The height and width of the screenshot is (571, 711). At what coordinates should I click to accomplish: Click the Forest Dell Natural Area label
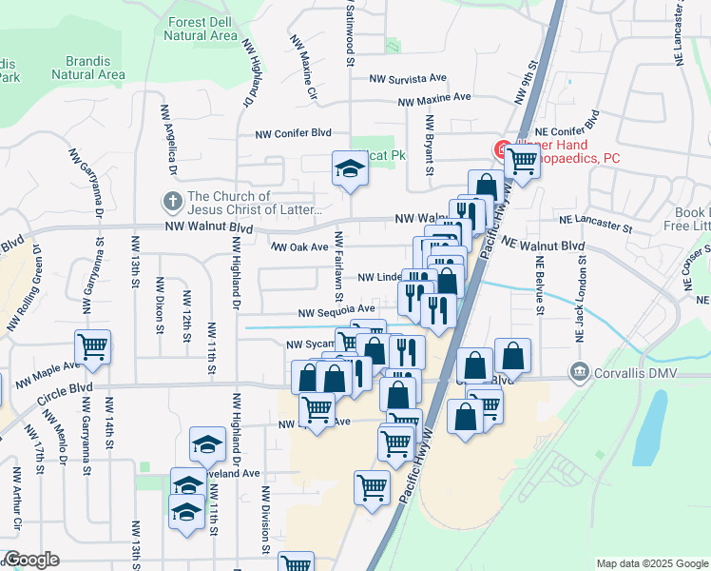(x=201, y=29)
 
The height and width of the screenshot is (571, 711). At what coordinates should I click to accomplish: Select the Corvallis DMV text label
(x=636, y=372)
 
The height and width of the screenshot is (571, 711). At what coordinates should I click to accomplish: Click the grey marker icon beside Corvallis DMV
(x=579, y=372)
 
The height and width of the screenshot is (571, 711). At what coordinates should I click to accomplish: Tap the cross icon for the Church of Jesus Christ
(x=172, y=202)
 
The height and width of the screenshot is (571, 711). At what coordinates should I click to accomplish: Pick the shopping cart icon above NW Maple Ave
(x=93, y=346)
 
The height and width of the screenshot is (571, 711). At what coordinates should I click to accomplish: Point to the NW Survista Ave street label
(x=408, y=78)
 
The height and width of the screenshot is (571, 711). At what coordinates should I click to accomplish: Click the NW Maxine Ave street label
(x=434, y=99)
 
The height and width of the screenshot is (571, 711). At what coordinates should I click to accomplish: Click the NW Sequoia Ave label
(x=336, y=310)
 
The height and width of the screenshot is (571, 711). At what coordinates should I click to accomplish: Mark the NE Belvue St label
(x=539, y=285)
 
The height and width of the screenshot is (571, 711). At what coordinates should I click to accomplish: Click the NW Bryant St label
(x=430, y=146)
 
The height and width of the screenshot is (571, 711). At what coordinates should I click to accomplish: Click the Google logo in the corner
(x=31, y=560)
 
